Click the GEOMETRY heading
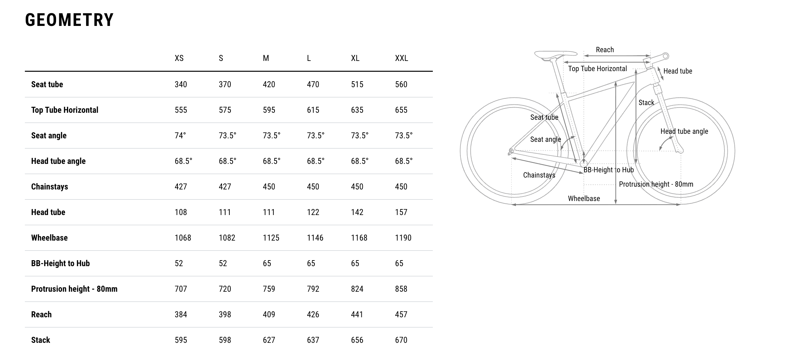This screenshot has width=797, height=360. point(69,20)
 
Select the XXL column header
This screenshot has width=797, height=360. point(401,58)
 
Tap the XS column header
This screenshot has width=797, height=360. point(179,58)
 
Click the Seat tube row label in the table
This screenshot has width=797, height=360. point(47,84)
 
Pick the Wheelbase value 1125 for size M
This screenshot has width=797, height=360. point(271,238)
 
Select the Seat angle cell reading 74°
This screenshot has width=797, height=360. point(180,136)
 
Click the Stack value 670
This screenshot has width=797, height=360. point(401,340)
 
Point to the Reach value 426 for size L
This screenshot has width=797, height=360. point(313,314)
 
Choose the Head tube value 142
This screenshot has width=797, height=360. point(357,212)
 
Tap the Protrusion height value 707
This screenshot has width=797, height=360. point(181,289)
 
